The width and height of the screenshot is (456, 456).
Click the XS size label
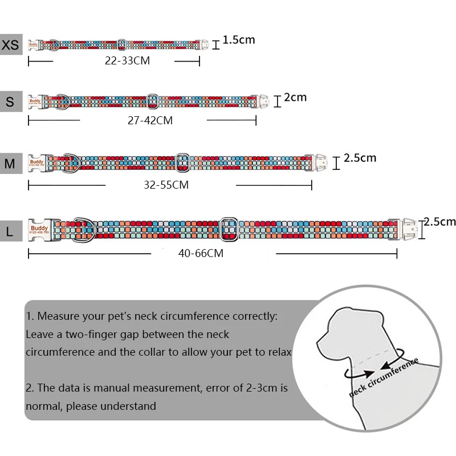tap(11, 45)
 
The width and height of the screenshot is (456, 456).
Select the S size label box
tap(11, 102)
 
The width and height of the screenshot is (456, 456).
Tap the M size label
tap(11, 164)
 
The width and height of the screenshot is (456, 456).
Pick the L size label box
tap(11, 231)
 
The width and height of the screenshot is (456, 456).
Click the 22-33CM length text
tap(127, 60)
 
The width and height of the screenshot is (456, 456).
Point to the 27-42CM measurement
tap(150, 121)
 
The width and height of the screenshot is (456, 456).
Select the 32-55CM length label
tap(166, 185)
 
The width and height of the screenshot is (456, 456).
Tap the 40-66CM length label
tap(200, 254)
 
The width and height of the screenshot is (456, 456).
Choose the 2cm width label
tap(295, 97)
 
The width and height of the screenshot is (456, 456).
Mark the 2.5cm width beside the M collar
tap(360, 158)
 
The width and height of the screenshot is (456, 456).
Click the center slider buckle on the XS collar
tap(121, 44)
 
